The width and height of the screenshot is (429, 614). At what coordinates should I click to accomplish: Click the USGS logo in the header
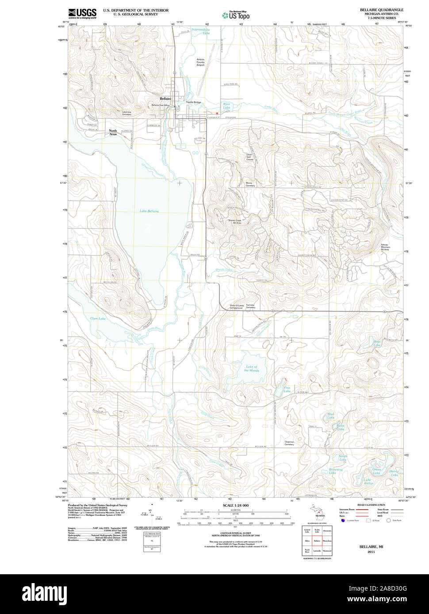pyautogui.click(x=82, y=13)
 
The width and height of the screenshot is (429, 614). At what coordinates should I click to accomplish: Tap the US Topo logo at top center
pyautogui.click(x=236, y=15)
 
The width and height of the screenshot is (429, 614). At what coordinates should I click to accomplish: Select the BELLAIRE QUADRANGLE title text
pyautogui.click(x=375, y=10)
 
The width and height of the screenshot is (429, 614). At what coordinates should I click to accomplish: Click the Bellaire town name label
pyautogui.click(x=165, y=99)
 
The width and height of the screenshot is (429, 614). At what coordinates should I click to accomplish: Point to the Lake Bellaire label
pyautogui.click(x=149, y=211)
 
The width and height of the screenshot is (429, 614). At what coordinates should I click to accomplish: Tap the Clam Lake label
pyautogui.click(x=98, y=318)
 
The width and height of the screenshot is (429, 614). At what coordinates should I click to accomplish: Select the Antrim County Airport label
pyautogui.click(x=200, y=62)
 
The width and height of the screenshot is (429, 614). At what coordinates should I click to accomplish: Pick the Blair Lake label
pyautogui.click(x=226, y=106)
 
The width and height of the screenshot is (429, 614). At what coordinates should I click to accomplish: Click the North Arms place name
pyautogui.click(x=113, y=133)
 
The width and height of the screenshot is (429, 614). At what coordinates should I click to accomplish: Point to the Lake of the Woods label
pyautogui.click(x=252, y=368)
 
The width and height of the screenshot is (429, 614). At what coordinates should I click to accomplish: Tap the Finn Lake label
pyautogui.click(x=287, y=390)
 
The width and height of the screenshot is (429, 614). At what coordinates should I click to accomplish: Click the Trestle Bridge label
pyautogui.click(x=193, y=102)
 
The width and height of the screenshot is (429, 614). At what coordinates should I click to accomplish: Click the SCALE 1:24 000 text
pyautogui.click(x=235, y=505)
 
